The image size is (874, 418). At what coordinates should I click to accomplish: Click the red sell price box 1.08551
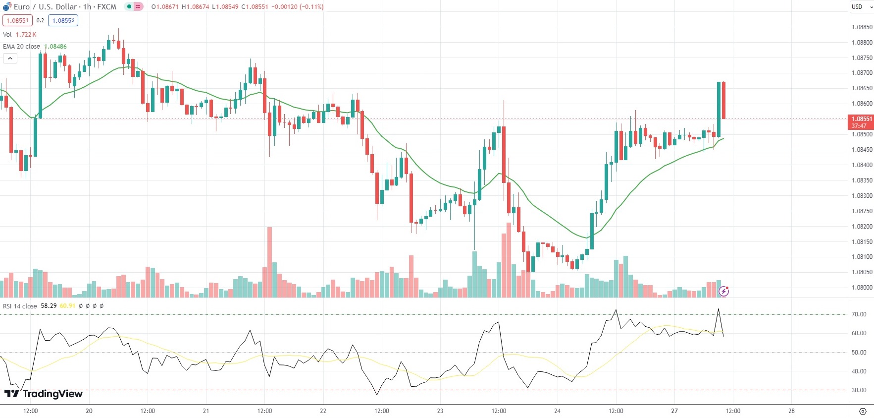pos(17,20)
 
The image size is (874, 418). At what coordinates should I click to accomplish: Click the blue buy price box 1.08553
pos(63,20)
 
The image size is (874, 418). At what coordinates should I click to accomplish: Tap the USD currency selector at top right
pos(861,6)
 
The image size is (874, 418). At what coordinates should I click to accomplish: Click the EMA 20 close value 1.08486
pos(55,47)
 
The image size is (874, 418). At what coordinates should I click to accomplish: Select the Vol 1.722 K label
pos(20,35)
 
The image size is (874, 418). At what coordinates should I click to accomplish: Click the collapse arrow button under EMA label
pos(10,58)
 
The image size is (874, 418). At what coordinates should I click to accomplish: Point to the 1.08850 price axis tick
pos(862,27)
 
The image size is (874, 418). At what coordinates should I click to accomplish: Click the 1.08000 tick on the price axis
pos(862,288)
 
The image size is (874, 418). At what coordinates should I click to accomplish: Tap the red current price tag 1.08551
pos(861,122)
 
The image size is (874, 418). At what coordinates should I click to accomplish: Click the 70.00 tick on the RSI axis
pos(859,314)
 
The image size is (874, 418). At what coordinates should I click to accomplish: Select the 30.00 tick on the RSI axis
pos(859,390)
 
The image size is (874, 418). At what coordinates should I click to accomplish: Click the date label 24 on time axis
pos(557,411)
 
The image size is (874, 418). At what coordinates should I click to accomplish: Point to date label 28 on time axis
pos(791,411)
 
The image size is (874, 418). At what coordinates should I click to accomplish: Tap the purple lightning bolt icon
pos(723,291)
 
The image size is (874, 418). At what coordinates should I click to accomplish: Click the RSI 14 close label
pos(20,306)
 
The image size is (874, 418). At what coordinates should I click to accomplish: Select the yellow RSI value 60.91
pos(67,306)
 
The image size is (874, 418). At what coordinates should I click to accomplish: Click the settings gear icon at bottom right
pos(863,411)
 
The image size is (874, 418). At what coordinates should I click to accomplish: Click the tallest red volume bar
pos(269,262)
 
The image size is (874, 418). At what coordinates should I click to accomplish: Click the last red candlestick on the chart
pos(723,100)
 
